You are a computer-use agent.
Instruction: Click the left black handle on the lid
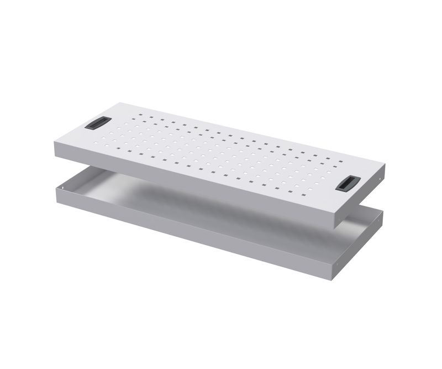pyautogui.click(x=96, y=124)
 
